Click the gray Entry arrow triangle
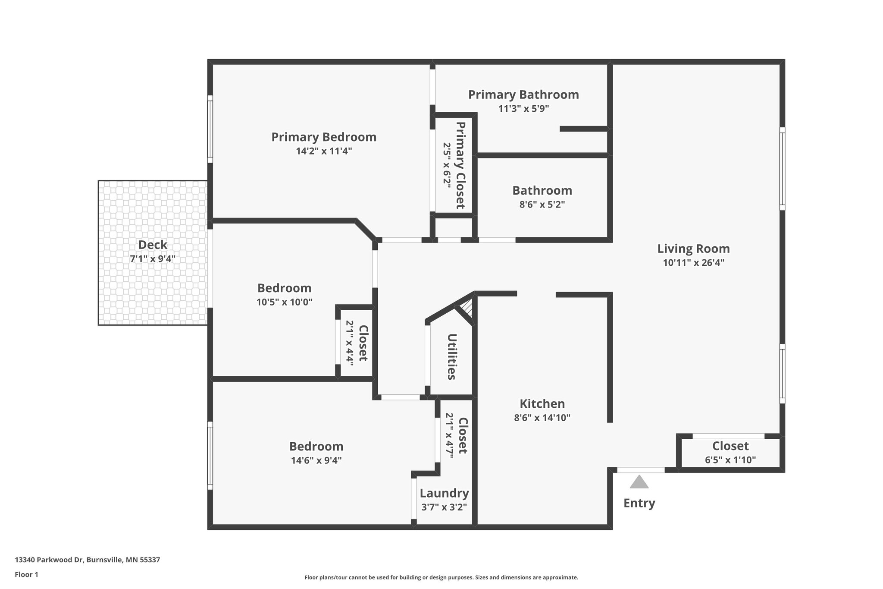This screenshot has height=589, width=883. point(639,482)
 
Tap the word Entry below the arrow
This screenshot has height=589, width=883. point(639,504)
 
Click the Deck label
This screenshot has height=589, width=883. point(153,245)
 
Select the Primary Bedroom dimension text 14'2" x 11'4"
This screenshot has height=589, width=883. point(324,151)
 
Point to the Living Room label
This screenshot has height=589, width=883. point(693,249)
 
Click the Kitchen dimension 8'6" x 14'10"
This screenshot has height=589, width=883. point(542,418)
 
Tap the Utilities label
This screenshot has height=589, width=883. point(452,357)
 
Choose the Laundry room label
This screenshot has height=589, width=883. point(444,493)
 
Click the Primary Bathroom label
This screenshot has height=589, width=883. point(523,94)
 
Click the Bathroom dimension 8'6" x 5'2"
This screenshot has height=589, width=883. point(542,205)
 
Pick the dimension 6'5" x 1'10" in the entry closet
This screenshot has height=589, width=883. point(730,460)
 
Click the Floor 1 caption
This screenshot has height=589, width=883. point(27,574)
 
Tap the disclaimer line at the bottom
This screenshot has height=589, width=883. point(441,577)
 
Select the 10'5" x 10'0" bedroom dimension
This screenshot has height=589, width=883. point(285,302)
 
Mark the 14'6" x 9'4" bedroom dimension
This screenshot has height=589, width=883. point(316,460)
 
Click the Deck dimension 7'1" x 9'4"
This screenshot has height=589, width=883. point(153,259)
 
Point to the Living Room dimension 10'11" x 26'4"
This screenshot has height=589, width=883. point(693,263)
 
